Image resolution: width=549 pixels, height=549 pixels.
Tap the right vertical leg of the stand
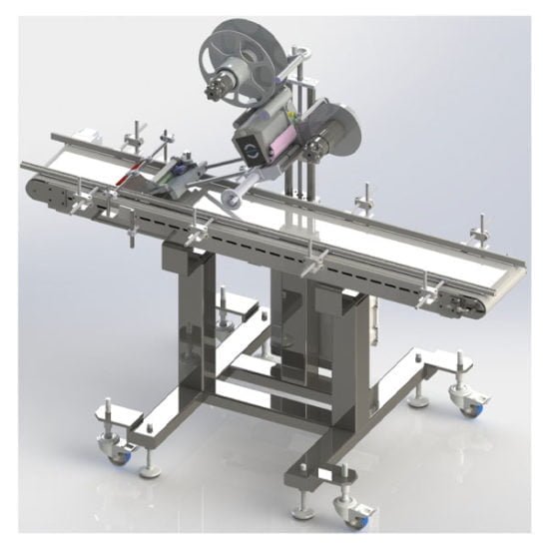click(328, 349)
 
